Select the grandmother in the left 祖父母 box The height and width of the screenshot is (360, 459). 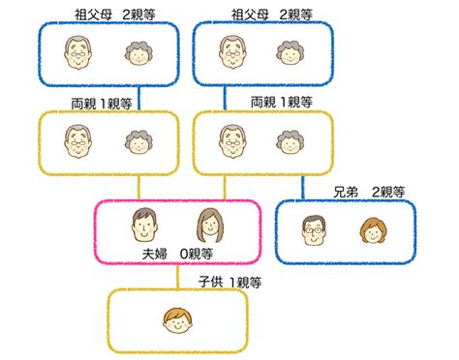(135, 54)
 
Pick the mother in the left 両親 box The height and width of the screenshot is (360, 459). (135, 141)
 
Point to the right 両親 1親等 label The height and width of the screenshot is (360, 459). (281, 101)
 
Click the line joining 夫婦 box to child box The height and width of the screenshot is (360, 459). (178, 277)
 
